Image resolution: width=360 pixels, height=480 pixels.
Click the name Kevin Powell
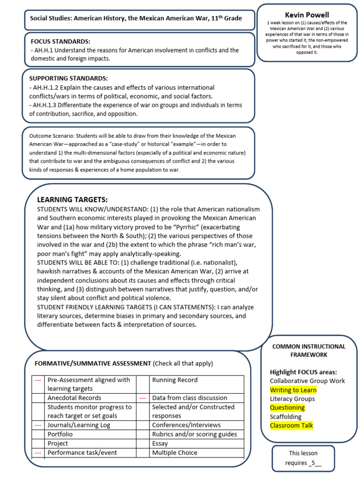click(307, 15)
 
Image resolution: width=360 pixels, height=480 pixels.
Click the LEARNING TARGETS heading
click(72, 200)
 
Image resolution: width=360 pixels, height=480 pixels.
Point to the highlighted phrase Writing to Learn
click(293, 390)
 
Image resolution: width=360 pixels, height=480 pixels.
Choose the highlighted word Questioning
click(287, 408)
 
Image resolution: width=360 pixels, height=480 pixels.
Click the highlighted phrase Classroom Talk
click(291, 426)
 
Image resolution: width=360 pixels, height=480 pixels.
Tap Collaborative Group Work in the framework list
click(307, 381)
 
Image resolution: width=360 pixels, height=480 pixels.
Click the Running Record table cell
click(175, 380)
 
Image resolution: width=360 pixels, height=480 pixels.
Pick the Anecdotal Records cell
click(75, 398)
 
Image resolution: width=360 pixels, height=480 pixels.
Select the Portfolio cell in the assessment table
click(60, 435)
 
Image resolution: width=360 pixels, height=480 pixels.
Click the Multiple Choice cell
click(175, 453)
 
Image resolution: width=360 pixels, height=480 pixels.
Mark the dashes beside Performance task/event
click(38, 453)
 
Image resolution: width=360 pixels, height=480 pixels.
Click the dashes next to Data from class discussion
click(142, 398)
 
